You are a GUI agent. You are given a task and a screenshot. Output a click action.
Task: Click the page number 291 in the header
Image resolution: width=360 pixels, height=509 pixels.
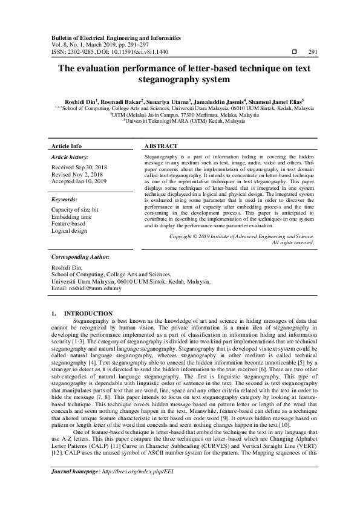coord(313,52)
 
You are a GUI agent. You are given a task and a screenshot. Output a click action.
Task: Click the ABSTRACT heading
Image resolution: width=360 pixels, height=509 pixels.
coord(161,146)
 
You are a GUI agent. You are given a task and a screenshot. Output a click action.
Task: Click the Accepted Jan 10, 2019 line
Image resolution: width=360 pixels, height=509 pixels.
coord(79,181)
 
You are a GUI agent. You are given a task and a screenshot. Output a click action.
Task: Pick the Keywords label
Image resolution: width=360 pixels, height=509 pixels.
coord(65,199)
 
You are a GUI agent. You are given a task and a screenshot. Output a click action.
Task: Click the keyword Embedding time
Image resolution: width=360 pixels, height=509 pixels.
coord(72,216)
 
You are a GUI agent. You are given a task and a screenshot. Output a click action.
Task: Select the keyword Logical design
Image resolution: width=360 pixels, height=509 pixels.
coord(70,231)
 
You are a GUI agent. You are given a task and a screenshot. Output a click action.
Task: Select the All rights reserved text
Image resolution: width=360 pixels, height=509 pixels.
coord(293,242)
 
